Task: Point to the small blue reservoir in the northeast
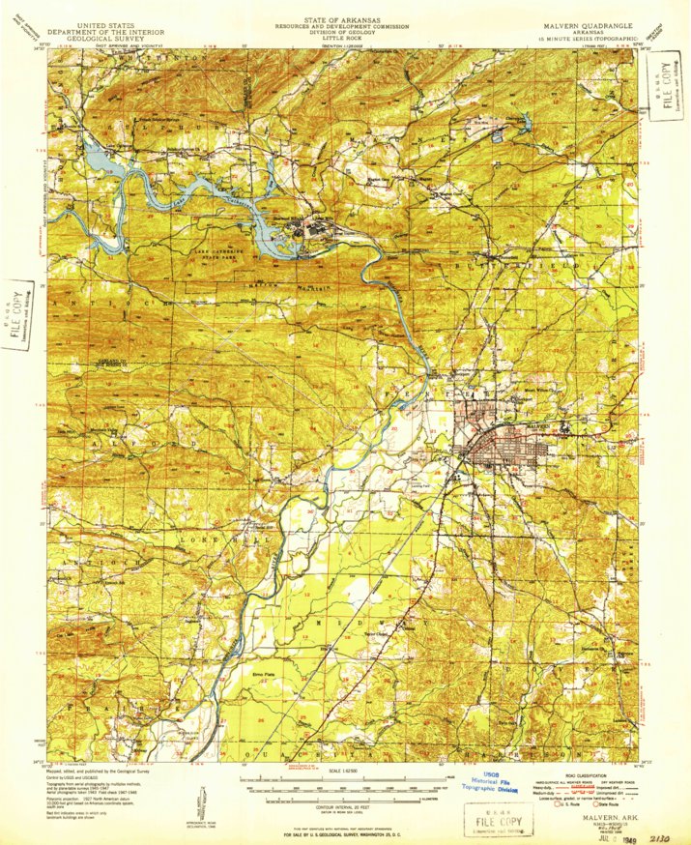[x=498, y=137]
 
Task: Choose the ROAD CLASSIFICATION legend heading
[x=576, y=775]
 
